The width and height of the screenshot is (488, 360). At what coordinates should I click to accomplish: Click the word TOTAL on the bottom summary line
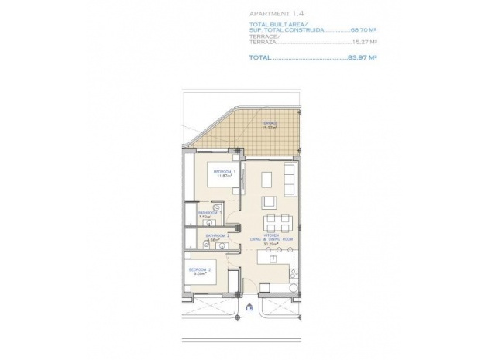coord(260,58)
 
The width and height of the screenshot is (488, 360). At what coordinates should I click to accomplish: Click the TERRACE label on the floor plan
coord(270,122)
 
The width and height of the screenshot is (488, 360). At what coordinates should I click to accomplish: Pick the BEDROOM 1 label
coord(225,171)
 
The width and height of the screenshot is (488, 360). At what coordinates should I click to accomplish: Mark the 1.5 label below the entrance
coord(248,308)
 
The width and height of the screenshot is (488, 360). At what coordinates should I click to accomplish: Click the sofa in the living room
coord(290,180)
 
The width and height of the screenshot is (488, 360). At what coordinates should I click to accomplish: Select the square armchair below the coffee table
coord(268,202)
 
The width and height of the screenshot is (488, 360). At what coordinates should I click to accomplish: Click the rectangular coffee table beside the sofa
coord(266,180)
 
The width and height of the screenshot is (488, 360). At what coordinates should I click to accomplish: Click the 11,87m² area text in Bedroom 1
coord(225,176)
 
